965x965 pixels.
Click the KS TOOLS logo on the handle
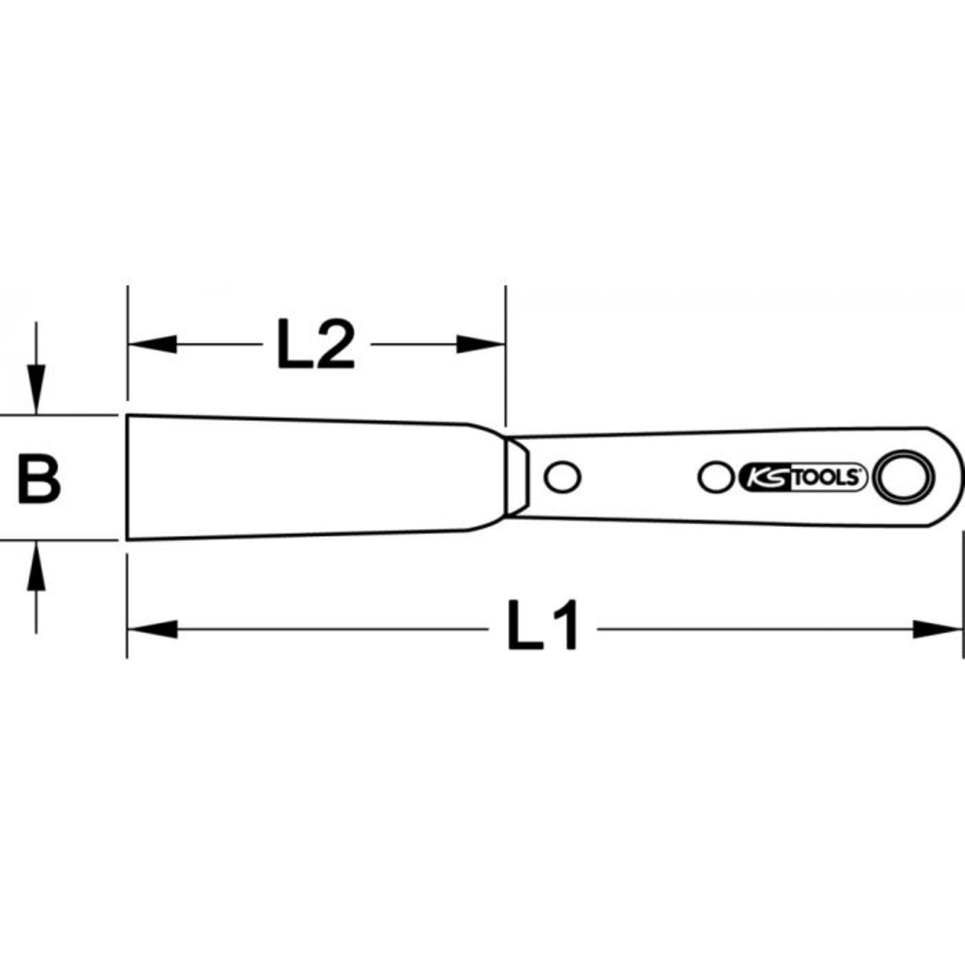[x=802, y=476]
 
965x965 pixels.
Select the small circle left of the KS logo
[x=715, y=476]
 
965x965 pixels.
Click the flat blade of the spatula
[x=309, y=478]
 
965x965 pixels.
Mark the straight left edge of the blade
[x=127, y=478]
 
